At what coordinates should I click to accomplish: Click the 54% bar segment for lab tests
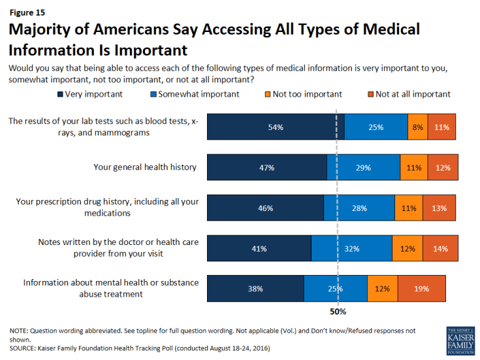pyautogui.click(x=276, y=127)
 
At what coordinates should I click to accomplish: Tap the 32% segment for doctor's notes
pyautogui.click(x=351, y=249)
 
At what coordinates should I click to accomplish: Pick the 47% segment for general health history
pyautogui.click(x=266, y=168)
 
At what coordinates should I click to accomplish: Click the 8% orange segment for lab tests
pyautogui.click(x=417, y=127)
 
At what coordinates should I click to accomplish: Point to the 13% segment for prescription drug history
pyautogui.click(x=440, y=208)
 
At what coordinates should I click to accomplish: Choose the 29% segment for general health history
pyautogui.click(x=363, y=168)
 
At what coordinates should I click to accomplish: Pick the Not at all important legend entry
pyautogui.click(x=406, y=94)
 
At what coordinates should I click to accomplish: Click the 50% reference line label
pyautogui.click(x=337, y=312)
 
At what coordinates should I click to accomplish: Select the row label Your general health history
pyautogui.click(x=144, y=167)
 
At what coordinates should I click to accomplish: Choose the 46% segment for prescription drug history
pyautogui.click(x=265, y=208)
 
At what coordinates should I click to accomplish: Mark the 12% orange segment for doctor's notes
pyautogui.click(x=408, y=249)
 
